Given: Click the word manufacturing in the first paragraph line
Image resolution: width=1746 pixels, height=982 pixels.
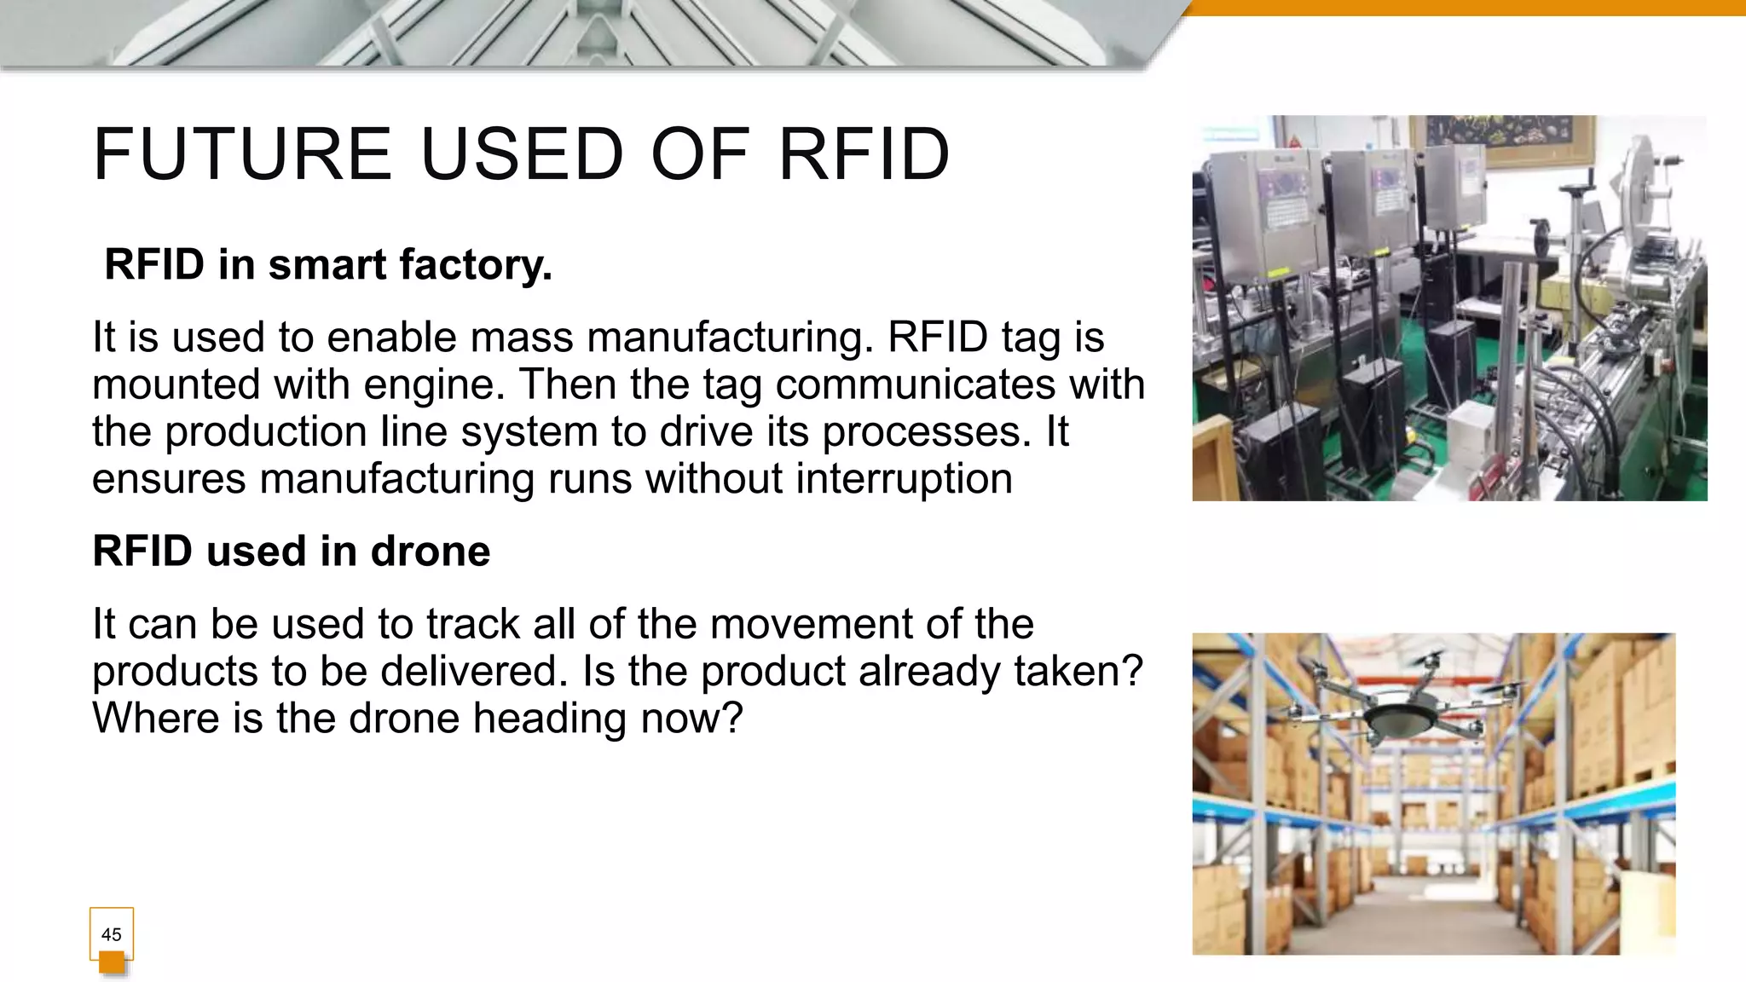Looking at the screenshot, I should [731, 338].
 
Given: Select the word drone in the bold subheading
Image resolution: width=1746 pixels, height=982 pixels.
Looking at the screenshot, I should [431, 552].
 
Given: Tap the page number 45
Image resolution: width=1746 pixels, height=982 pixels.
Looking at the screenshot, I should [111, 934].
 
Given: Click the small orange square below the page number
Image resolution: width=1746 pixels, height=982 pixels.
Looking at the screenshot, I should [112, 963].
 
